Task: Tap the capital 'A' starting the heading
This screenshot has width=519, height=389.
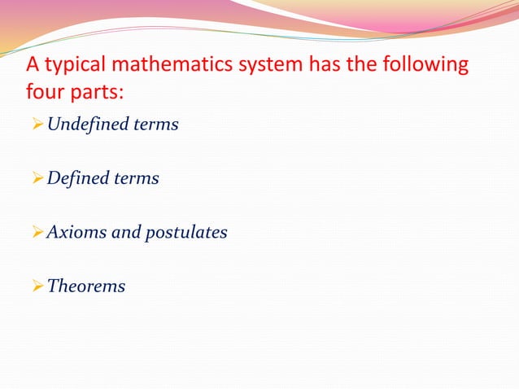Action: [35, 65]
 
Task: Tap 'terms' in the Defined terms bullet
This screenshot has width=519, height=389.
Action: [139, 178]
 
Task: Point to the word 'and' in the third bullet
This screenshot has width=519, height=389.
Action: [125, 233]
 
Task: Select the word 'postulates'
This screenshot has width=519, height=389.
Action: [186, 233]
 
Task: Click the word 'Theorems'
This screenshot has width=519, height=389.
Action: [86, 286]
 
